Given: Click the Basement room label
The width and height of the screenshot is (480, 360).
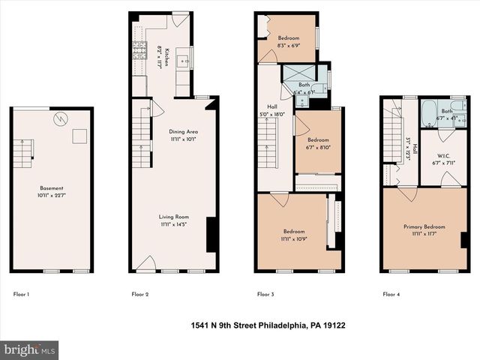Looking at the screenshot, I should point(52,188).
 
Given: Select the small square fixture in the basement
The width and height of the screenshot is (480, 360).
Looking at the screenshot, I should point(77,136).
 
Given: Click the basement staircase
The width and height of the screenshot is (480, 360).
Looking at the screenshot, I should point(25,153).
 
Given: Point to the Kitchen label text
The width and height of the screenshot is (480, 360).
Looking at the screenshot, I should point(166,56).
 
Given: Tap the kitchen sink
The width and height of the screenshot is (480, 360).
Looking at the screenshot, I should point(183,62).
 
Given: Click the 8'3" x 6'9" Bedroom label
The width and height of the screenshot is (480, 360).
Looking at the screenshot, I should point(289,42).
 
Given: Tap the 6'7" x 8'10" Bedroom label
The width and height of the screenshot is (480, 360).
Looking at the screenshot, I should point(317,143).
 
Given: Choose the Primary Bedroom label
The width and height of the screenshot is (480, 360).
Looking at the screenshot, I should point(424,230).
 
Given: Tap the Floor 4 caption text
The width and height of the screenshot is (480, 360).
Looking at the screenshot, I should point(391,295).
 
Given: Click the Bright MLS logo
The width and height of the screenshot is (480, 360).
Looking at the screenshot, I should point(30,349).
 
